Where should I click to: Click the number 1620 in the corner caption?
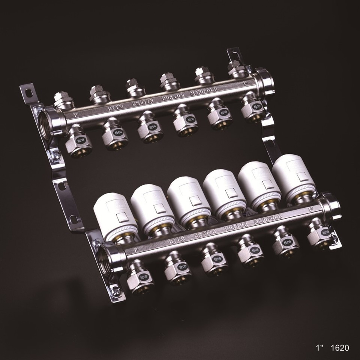[340, 348]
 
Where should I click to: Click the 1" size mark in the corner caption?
[319, 348]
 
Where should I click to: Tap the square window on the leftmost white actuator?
[121, 216]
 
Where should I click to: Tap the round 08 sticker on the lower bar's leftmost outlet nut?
[144, 277]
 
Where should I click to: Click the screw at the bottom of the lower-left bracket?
[117, 291]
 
